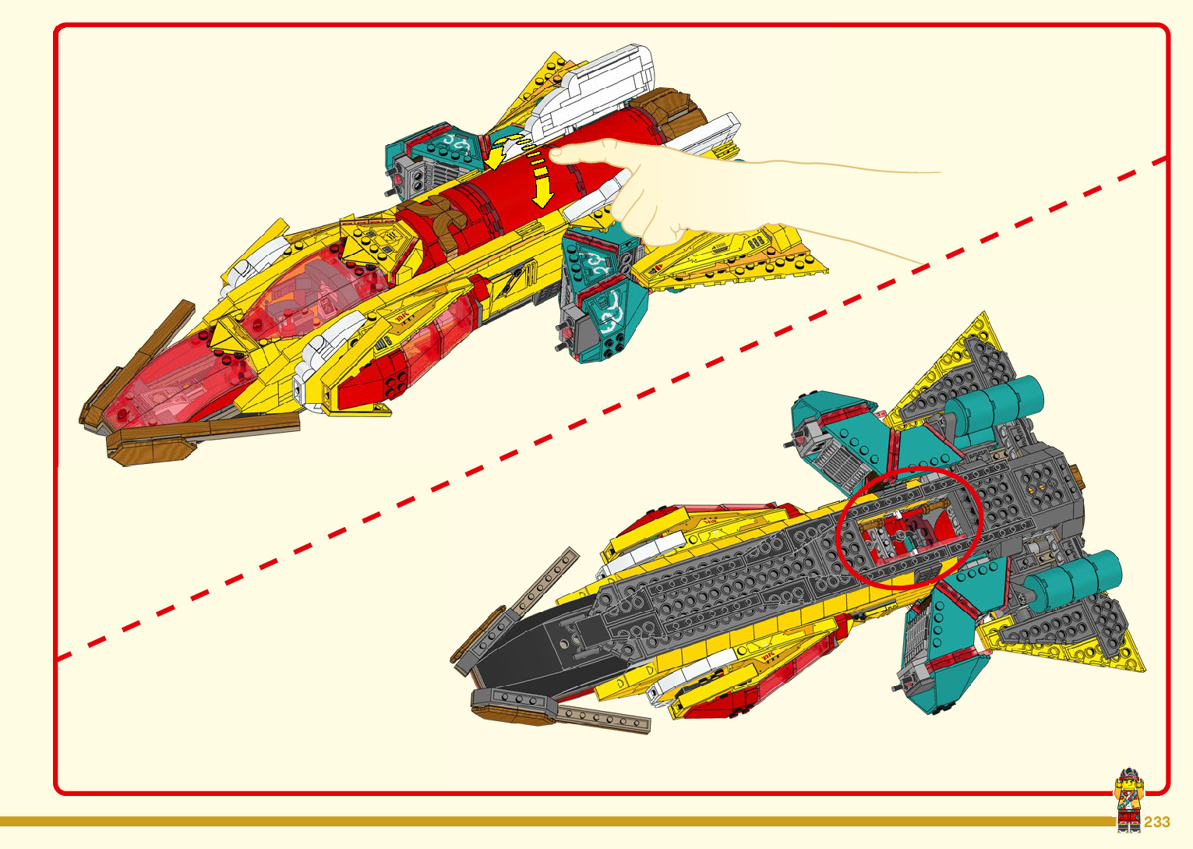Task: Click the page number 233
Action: [1157, 822]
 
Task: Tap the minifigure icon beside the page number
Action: [1128, 800]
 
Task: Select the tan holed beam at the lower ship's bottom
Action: [604, 718]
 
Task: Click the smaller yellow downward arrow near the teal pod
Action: [493, 159]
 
